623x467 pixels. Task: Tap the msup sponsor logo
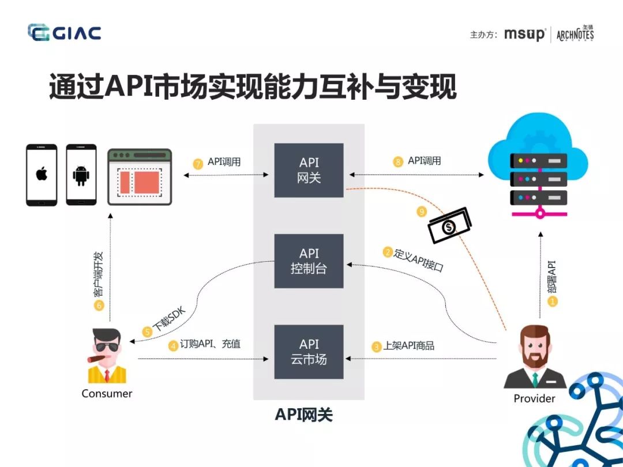click(524, 34)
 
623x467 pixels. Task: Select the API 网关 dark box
click(309, 170)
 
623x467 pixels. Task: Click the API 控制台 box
click(309, 261)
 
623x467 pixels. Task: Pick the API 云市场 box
click(309, 352)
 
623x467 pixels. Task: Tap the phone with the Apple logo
click(42, 175)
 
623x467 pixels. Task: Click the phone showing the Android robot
click(81, 175)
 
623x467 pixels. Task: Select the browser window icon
click(140, 177)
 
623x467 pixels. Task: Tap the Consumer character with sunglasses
click(107, 356)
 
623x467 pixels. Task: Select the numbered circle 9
click(422, 212)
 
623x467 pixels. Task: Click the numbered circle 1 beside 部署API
click(552, 301)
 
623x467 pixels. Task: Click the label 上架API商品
click(408, 346)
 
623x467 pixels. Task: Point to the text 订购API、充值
click(210, 344)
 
